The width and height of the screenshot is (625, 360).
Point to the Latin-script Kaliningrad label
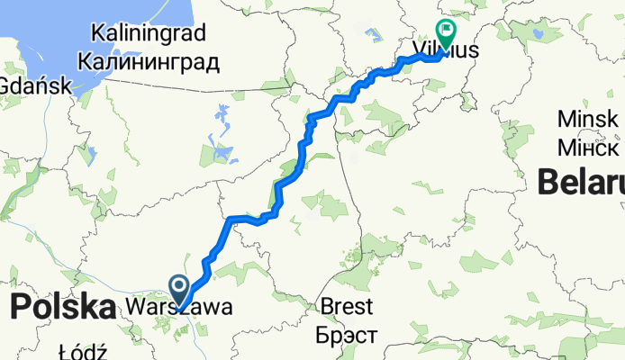point(148,34)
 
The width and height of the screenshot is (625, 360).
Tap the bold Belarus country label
point(581,183)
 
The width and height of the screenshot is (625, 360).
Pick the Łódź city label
point(83,351)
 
